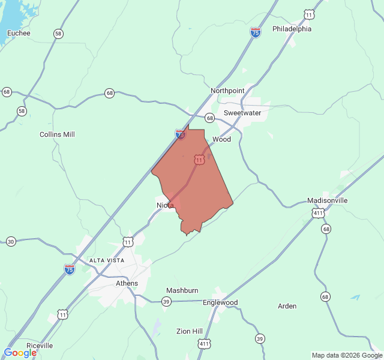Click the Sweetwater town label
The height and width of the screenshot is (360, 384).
[x=242, y=113]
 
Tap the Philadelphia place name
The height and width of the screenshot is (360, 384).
[x=292, y=29]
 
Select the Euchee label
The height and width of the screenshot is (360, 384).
[x=19, y=33]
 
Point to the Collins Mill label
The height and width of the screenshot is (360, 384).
[x=57, y=134]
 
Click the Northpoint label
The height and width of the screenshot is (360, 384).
[x=227, y=91]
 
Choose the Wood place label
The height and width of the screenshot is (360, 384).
[x=221, y=139]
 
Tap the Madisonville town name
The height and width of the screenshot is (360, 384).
[x=327, y=200]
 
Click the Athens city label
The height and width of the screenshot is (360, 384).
[x=127, y=283]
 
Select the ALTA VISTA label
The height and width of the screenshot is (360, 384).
[x=107, y=260]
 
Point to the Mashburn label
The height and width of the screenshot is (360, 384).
[x=182, y=290]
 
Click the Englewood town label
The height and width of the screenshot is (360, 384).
[x=220, y=302]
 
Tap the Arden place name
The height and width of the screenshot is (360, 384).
[x=287, y=306]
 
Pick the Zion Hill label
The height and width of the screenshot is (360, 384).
[x=189, y=331]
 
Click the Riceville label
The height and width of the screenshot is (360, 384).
[x=39, y=346]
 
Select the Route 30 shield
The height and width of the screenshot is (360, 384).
[x=11, y=242]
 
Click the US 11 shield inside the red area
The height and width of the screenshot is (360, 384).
[x=199, y=160]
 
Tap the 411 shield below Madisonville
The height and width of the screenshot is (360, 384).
[x=318, y=213]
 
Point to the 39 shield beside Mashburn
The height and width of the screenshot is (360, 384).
[x=166, y=301]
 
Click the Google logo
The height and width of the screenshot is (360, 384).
[x=20, y=353]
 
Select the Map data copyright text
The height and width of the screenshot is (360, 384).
[x=346, y=355]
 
